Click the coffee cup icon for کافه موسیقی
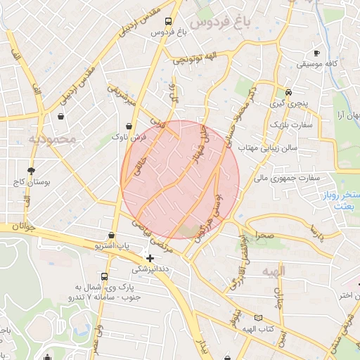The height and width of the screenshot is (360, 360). pos(316,53)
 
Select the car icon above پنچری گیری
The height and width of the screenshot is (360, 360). pos(288,92)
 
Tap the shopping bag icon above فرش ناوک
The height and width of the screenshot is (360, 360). pos(128,126)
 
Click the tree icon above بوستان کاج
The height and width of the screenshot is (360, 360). pos(31,170)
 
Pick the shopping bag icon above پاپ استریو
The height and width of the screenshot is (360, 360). pos(112,235)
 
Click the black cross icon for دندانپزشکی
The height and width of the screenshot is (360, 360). pos(149,258)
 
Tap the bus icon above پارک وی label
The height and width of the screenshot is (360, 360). pos(105,276)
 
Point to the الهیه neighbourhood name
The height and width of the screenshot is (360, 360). pos(274,271)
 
